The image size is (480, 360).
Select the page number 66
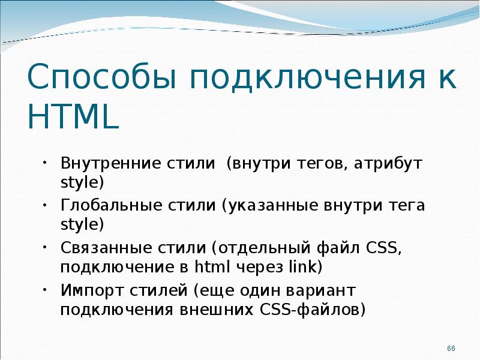(x=452, y=349)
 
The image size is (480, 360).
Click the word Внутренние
(x=109, y=163)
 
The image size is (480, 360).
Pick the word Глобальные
(x=107, y=206)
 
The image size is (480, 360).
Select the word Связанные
(x=103, y=248)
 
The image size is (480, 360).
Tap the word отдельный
(x=262, y=248)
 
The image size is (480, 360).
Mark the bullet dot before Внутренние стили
(x=45, y=163)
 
